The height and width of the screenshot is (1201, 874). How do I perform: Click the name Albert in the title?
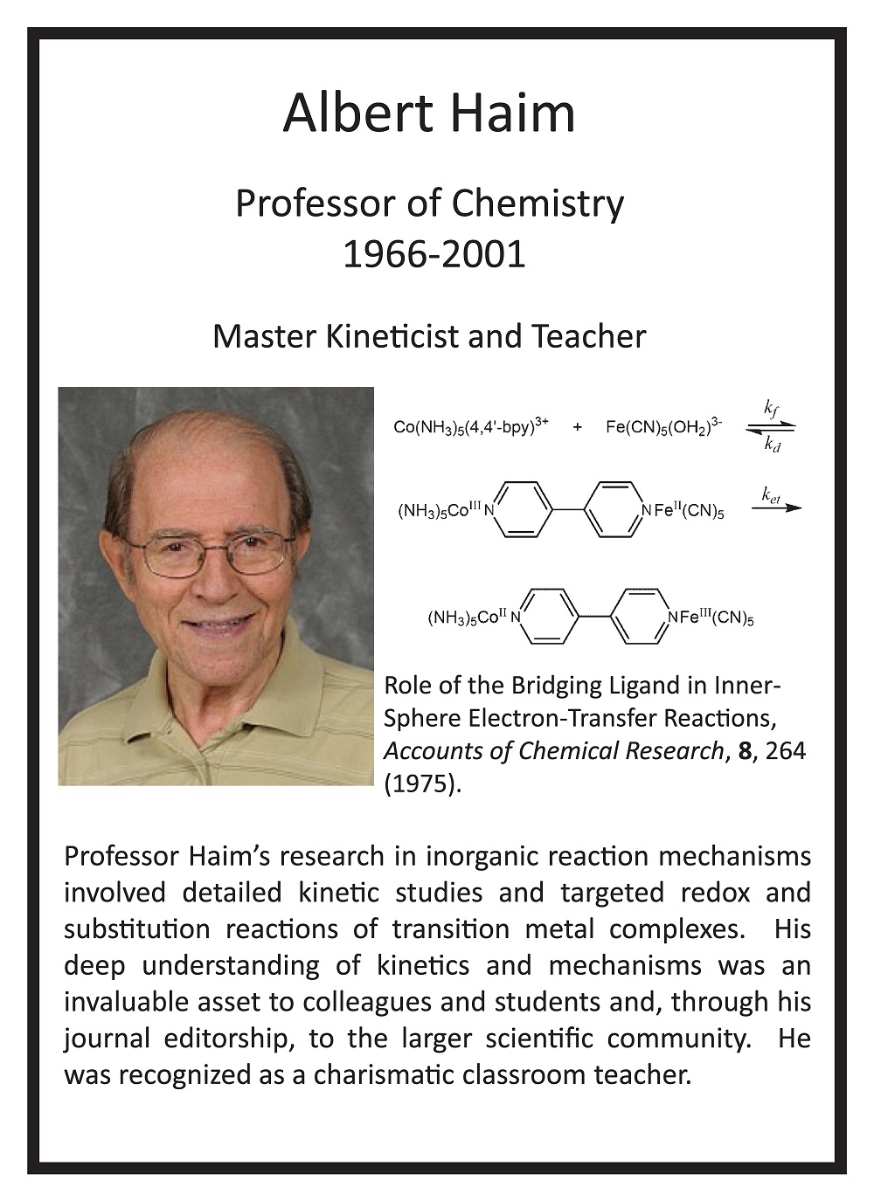358,114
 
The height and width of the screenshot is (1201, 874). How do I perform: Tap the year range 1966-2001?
434,254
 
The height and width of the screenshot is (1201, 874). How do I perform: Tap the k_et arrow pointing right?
775,507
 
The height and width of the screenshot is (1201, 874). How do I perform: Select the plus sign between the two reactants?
578,428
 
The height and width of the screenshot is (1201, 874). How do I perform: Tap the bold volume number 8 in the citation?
745,751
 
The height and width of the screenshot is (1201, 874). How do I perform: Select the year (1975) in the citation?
421,783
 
